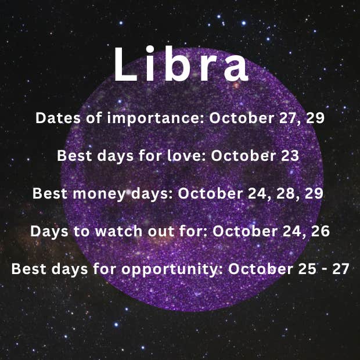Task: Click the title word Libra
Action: click(x=181, y=64)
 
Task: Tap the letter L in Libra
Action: click(x=125, y=64)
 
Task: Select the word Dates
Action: click(x=58, y=118)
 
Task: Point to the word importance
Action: click(x=156, y=118)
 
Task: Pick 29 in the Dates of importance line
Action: click(x=315, y=118)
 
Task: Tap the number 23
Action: click(x=290, y=156)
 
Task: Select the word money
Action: click(x=100, y=194)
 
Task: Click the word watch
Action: click(x=118, y=231)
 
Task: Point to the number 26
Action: click(x=321, y=231)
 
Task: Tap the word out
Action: click(x=161, y=231)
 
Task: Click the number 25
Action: click(x=306, y=269)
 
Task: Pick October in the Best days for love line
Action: click(x=243, y=156)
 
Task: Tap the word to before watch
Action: click(x=81, y=231)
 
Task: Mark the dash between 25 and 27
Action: click(x=324, y=269)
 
